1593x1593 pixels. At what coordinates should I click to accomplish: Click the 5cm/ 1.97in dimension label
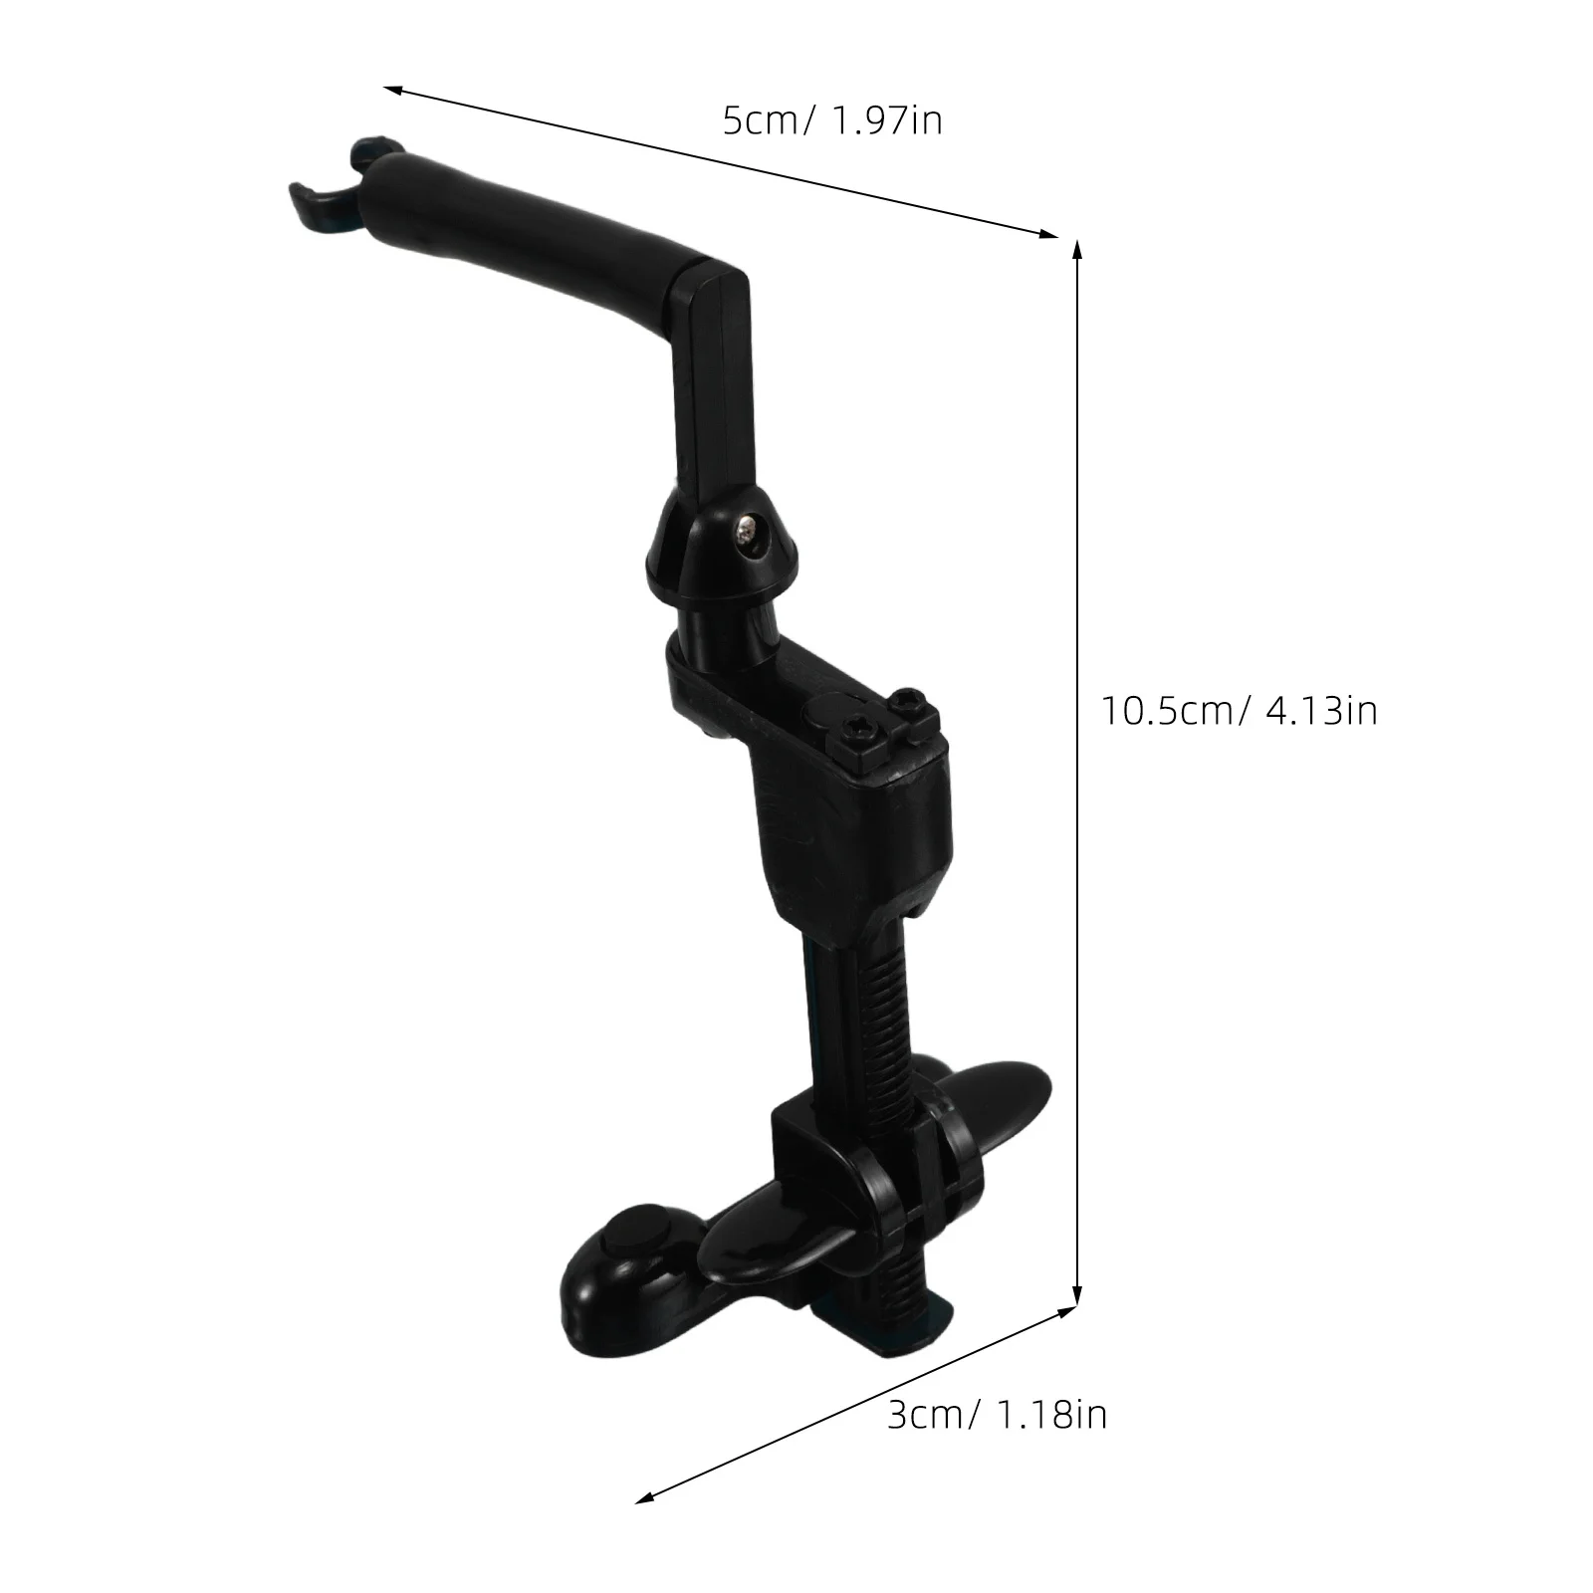(832, 121)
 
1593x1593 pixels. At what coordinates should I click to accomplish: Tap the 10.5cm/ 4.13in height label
(1239, 711)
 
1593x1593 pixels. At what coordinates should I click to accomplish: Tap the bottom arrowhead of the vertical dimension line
(1076, 1296)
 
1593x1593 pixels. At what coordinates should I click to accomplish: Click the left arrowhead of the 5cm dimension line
(391, 90)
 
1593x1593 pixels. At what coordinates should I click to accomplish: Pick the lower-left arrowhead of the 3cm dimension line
(643, 1527)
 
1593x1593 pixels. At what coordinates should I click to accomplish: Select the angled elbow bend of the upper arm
(712, 289)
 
